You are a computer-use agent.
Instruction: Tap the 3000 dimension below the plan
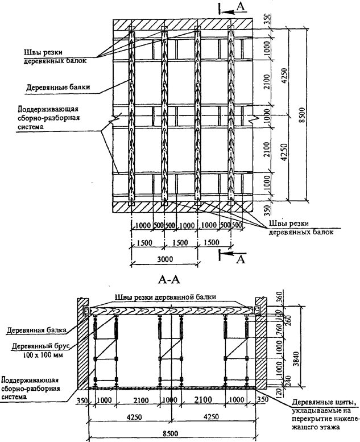(164, 259)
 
